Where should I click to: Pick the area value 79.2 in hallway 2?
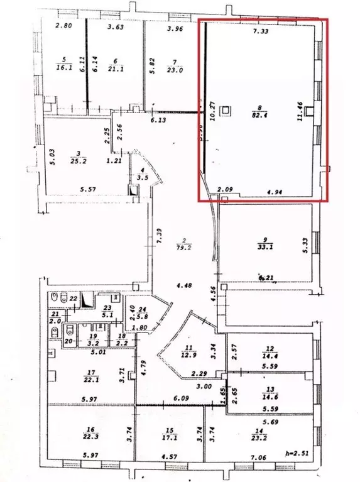(185, 247)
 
